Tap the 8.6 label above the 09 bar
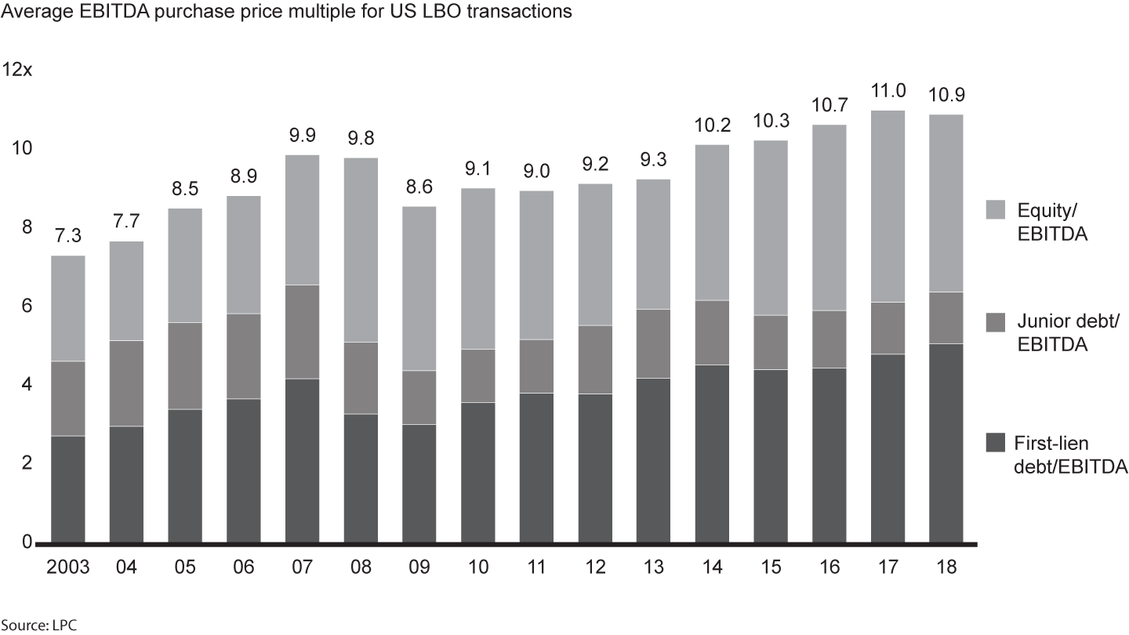coord(419,187)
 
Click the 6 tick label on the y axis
coord(26,306)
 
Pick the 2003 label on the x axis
coord(67,567)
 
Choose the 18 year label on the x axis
coord(946,567)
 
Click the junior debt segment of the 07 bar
coord(302,332)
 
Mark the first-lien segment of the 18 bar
coord(946,443)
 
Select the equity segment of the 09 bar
coord(419,288)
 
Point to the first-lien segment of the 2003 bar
coord(67,489)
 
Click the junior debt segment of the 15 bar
coord(771,343)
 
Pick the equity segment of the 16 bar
coord(830,218)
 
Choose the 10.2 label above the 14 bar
coord(712,125)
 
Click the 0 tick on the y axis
coord(26,542)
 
